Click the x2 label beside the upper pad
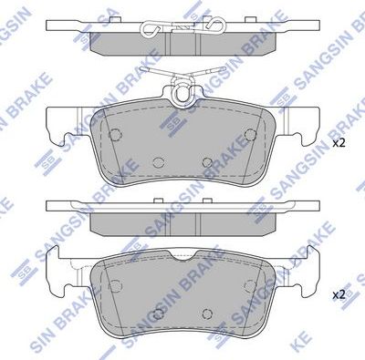pyautogui.click(x=339, y=144)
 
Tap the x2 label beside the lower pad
pyautogui.click(x=339, y=294)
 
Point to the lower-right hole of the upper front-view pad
pyautogui.click(x=207, y=163)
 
